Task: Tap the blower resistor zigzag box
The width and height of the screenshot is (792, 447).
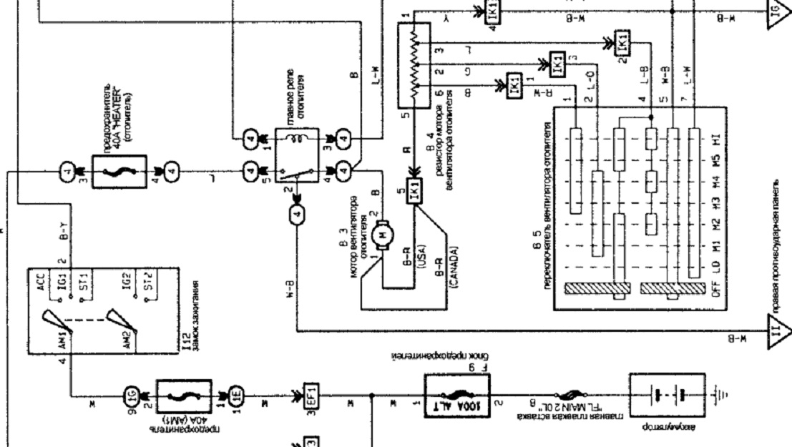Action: [413, 63]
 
